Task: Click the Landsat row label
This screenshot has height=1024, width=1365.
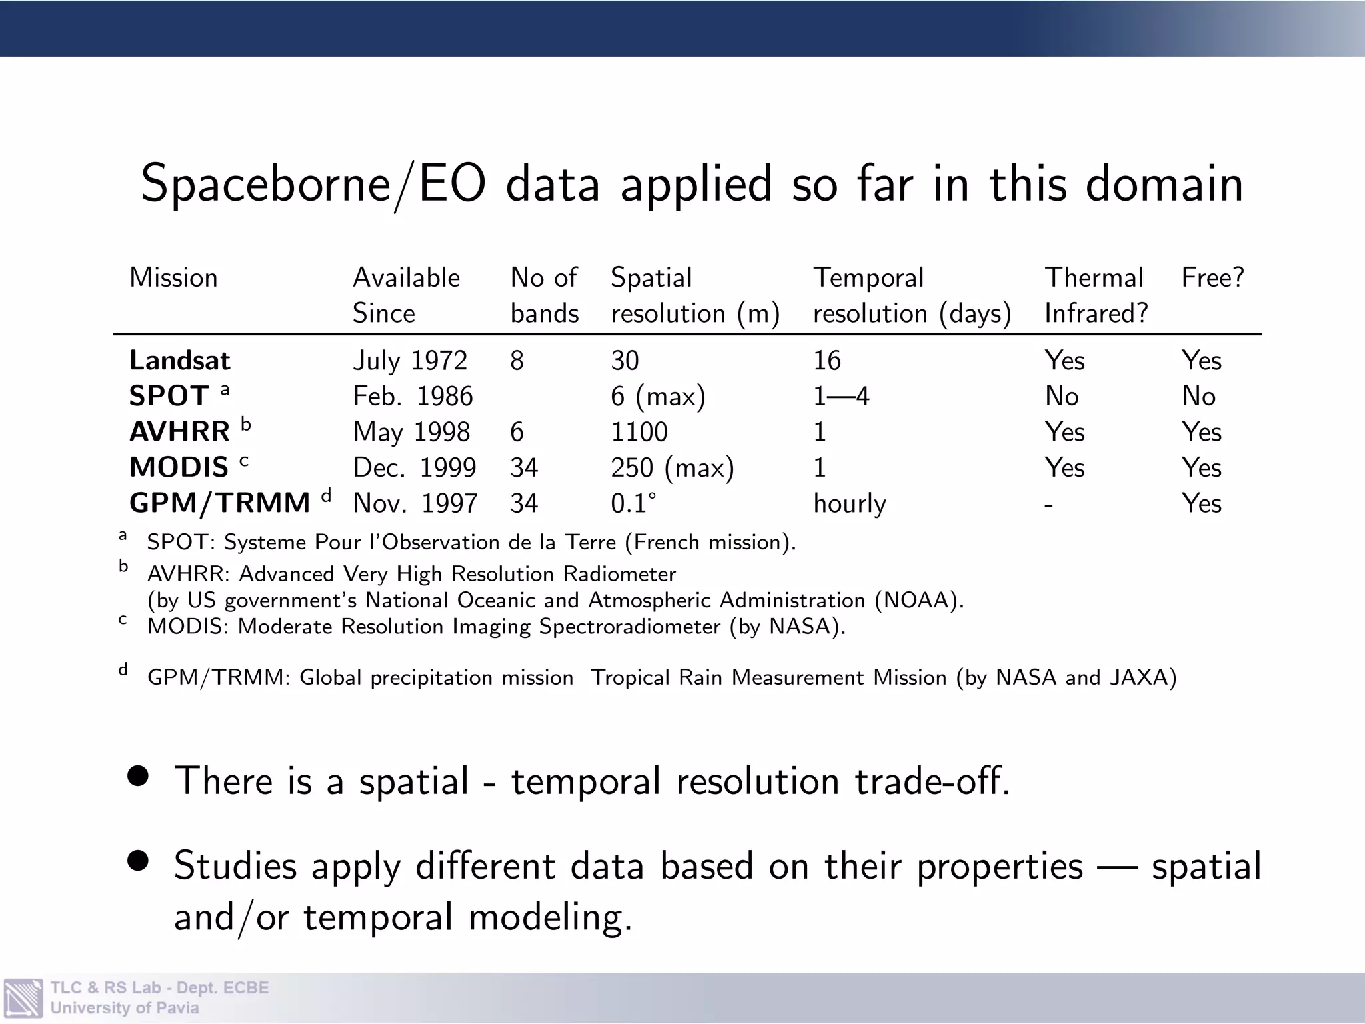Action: coord(179,361)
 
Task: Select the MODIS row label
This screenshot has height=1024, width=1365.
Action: coord(179,467)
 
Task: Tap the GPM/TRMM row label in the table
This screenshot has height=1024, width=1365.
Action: coord(219,503)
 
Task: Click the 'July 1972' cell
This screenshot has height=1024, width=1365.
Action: coord(410,361)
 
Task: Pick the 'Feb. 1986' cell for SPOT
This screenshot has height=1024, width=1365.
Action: coord(413,397)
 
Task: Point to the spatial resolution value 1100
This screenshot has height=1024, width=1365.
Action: coord(639,432)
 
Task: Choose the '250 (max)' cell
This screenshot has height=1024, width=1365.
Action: coord(672,467)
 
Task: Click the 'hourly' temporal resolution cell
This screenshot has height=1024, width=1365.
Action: coord(850,504)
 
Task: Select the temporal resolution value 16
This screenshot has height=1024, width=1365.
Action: coord(827,361)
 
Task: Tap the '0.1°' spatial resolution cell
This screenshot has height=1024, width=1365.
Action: coord(633,503)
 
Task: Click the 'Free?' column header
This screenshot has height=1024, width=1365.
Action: coord(1212,277)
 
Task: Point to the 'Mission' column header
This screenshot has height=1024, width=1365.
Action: coord(173,277)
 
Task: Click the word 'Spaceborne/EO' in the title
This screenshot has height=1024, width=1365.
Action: coord(313,184)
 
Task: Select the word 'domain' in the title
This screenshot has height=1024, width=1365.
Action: coord(1164,184)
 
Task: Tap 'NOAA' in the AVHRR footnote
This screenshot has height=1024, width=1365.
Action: coord(916,601)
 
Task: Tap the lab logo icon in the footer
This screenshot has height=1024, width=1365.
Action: coord(23,997)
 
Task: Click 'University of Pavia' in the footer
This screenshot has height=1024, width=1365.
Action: coord(125,1008)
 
